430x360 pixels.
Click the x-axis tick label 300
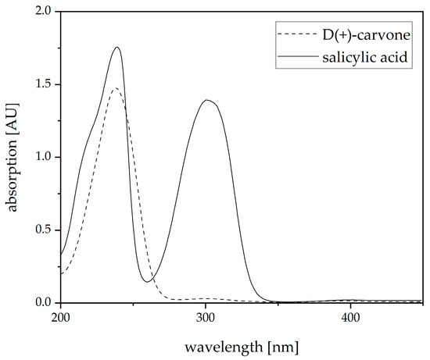point(206,319)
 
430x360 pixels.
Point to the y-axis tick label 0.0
point(45,302)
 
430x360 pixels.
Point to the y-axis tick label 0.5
point(45,230)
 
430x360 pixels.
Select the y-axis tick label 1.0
point(45,157)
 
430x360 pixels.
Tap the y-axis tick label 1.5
point(45,84)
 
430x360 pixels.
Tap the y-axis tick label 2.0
point(45,12)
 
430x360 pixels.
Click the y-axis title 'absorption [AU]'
point(15,156)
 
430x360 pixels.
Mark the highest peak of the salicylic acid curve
point(117,47)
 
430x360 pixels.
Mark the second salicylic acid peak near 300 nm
point(206,100)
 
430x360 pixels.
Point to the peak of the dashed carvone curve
point(116,88)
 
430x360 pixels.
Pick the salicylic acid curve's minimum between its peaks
point(147,281)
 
